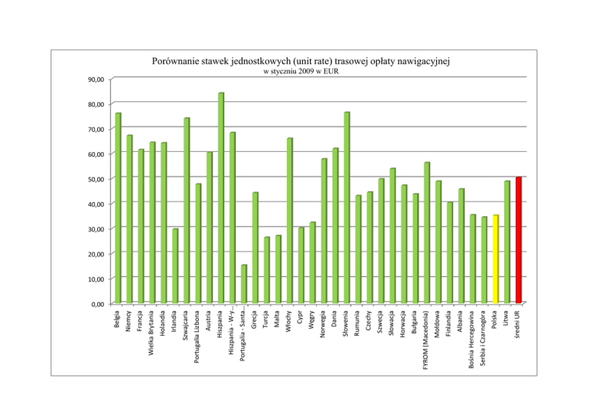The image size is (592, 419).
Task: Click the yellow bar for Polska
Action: (x=496, y=258)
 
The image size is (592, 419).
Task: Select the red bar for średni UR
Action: (x=519, y=240)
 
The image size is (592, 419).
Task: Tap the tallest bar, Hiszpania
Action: (x=221, y=198)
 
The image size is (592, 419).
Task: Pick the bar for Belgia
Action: (x=118, y=208)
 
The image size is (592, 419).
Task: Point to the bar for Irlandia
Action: (x=175, y=265)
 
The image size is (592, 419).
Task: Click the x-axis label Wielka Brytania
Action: (x=152, y=333)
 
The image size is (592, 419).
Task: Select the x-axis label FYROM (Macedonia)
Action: (x=427, y=339)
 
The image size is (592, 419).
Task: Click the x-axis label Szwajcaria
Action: (x=187, y=328)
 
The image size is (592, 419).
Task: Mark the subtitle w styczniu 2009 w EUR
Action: (x=301, y=72)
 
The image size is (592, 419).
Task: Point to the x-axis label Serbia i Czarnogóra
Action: (x=484, y=338)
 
